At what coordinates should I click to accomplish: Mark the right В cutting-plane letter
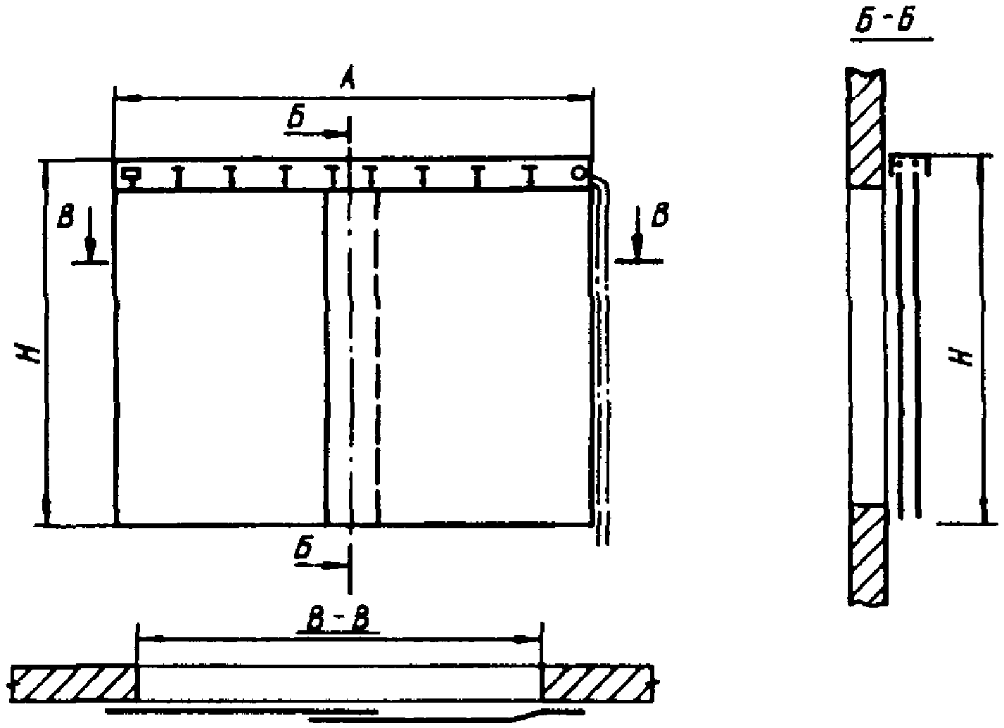point(660,217)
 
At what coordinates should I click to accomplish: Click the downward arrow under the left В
point(90,246)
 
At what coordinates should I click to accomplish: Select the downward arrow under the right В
point(637,246)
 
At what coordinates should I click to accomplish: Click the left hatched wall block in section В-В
point(74,682)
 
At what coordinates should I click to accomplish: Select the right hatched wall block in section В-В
point(598,682)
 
